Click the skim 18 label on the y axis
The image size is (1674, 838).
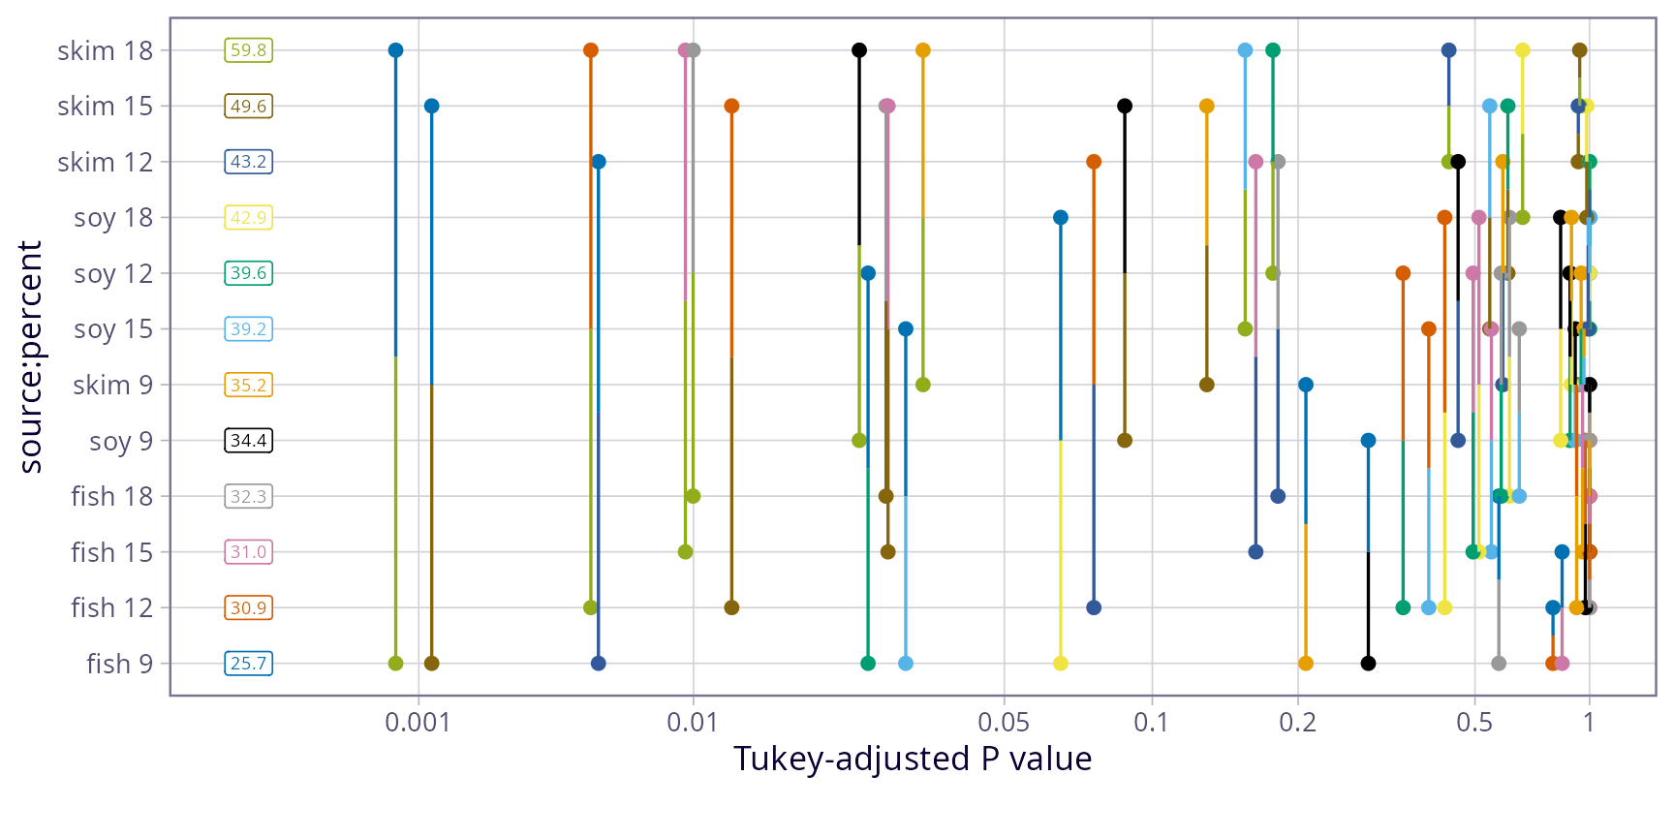105,50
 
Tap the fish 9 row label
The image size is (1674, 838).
119,664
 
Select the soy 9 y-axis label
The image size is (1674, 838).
120,441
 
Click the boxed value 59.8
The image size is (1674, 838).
249,50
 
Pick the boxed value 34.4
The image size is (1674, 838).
249,441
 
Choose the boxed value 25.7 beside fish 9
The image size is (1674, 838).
249,664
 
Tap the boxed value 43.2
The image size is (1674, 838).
249,162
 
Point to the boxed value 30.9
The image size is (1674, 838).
249,607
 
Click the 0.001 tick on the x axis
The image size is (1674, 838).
418,723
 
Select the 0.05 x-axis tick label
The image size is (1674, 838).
1004,723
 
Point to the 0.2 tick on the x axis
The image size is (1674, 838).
1297,723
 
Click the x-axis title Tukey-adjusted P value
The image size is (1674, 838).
912,759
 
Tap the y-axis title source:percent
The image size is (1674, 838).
31,357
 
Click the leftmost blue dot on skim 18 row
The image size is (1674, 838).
395,50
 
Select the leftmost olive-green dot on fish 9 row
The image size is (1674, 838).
395,664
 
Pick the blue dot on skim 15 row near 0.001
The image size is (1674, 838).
431,106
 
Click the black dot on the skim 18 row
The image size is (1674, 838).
858,50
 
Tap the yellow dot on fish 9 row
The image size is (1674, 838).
1060,664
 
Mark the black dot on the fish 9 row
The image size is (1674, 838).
1368,664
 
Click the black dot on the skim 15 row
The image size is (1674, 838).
1124,106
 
